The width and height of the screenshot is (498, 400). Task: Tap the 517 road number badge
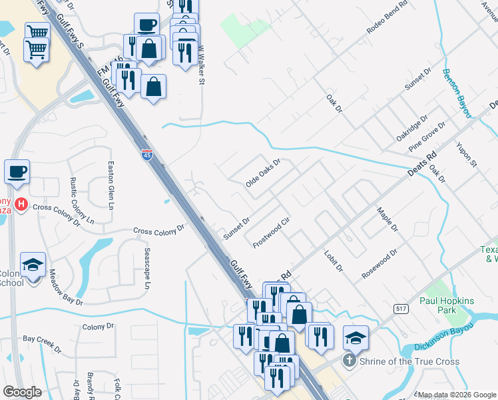point(401,308)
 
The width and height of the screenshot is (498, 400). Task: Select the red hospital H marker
point(21,205)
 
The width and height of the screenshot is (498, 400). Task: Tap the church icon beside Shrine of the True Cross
point(348,362)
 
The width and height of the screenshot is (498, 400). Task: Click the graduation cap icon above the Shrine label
point(356,337)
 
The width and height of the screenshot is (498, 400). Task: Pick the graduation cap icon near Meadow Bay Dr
point(33,265)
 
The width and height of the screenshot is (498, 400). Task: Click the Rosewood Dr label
point(379,263)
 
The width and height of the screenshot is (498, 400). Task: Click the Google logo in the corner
point(22,392)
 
